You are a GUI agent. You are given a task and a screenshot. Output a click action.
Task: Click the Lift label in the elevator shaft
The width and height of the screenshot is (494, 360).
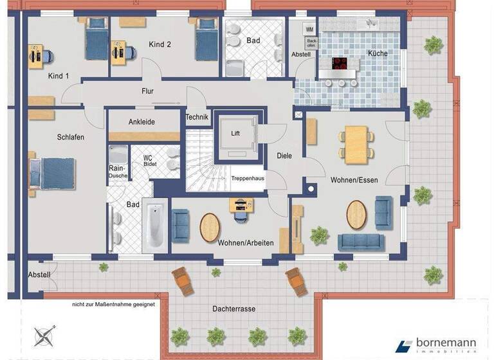pos(235,134)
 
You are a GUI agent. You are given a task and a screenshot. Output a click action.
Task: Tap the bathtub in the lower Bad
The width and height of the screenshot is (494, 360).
pos(156,226)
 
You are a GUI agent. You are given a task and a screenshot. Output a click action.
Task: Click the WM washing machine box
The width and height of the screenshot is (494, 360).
pos(309,29)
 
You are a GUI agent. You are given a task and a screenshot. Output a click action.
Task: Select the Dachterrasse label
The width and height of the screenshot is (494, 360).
pos(234,309)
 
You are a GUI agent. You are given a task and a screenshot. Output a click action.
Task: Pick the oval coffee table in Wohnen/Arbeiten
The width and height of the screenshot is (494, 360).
pos(210,226)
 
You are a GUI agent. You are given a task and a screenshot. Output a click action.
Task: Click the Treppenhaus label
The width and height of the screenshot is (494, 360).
pos(248,179)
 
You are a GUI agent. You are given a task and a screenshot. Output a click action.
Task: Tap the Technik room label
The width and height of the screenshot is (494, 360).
pos(197,117)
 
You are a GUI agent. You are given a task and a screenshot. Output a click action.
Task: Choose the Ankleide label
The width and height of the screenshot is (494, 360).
pos(142,122)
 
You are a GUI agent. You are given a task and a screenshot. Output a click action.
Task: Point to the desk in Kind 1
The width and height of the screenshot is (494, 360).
pos(35,56)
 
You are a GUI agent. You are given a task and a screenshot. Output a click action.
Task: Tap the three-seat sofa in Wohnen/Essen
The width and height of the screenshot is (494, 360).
pos(361,242)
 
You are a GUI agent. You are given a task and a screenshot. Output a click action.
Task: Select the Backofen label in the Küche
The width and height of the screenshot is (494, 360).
pos(312,43)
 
